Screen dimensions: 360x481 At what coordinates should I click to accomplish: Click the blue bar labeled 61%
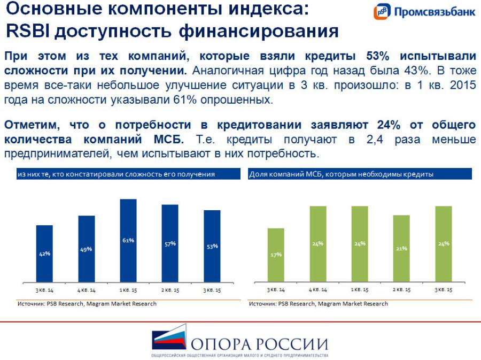pos(128,241)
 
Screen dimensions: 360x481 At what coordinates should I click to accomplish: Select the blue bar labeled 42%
pos(44,254)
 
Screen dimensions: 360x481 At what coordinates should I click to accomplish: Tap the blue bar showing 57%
pos(170,243)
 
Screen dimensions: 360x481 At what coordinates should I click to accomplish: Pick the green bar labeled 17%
pos(276,255)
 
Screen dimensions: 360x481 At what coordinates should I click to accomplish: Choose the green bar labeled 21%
pos(401,249)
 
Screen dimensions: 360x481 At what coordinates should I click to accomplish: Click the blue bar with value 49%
pos(86,249)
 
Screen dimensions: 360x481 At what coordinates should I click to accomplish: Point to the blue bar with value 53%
pos(212,246)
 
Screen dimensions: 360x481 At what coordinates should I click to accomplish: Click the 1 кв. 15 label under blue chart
pos(128,289)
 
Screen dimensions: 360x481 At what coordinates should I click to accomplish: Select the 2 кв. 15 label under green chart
pos(401,289)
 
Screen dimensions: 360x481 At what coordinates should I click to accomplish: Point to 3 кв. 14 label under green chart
pos(276,289)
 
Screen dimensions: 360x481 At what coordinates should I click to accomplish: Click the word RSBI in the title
pos(27,31)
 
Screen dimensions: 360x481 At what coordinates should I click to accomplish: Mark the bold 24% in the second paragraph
pos(389,125)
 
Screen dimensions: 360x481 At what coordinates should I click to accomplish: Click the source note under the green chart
pos(318,304)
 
